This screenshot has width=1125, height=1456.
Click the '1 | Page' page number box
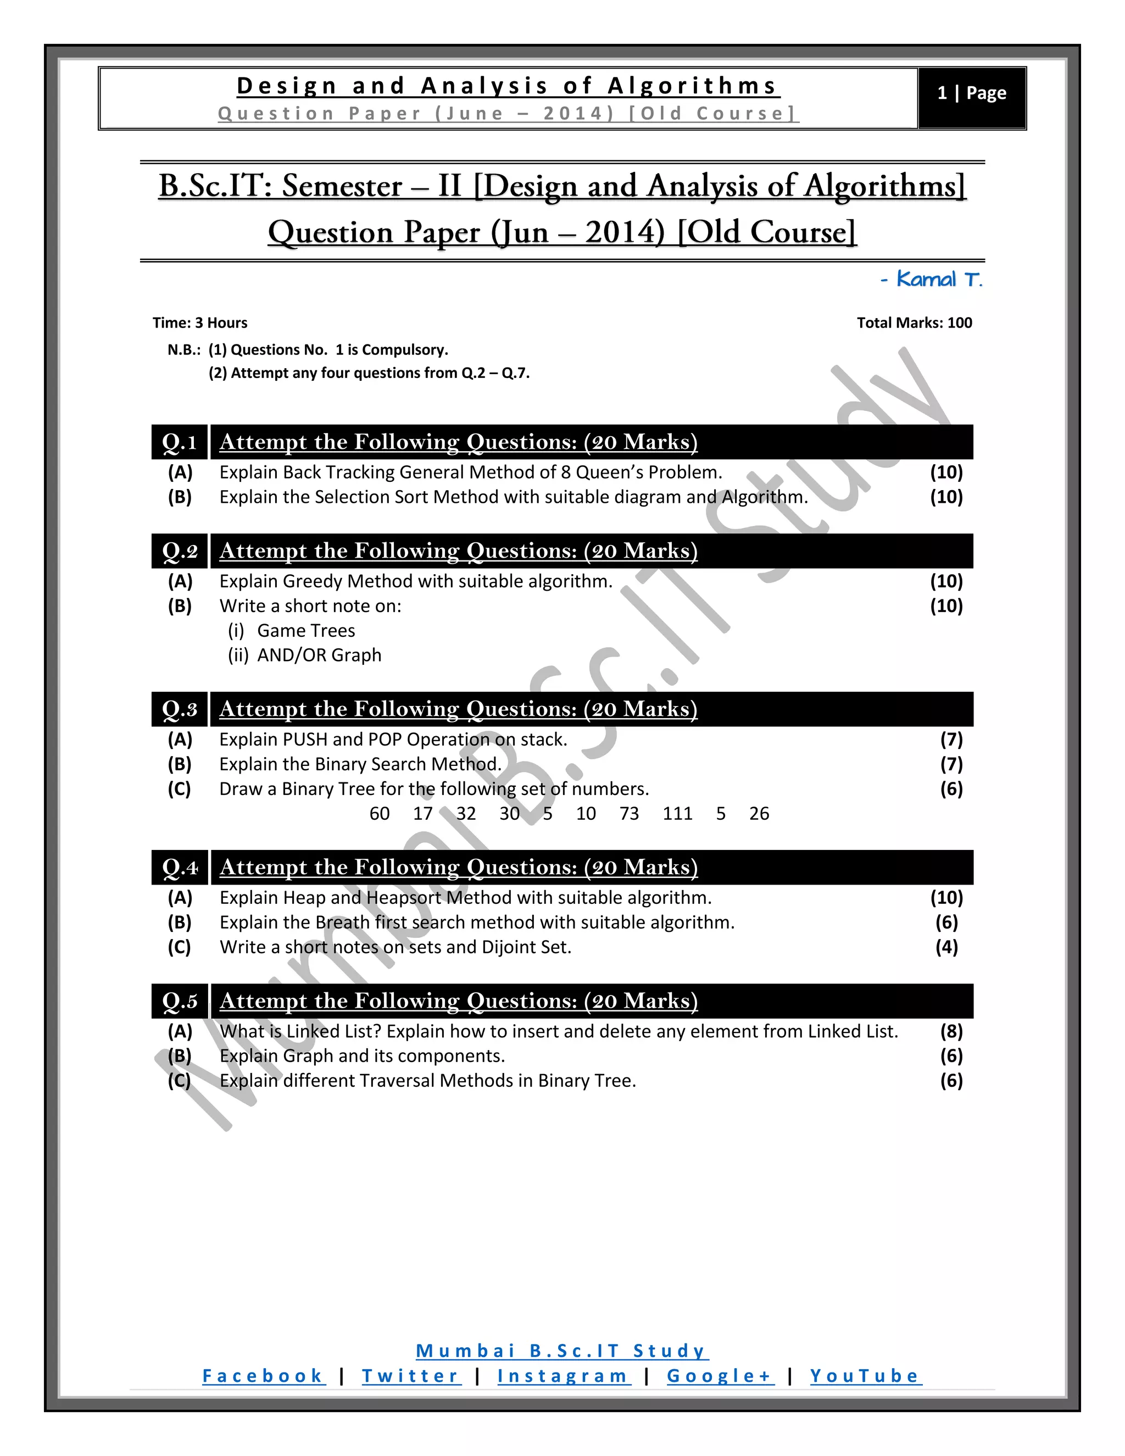point(971,93)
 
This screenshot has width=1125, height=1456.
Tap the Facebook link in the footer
point(263,1375)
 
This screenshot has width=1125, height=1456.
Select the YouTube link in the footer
point(865,1375)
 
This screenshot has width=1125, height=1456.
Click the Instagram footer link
point(562,1375)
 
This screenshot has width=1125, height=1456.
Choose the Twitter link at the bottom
point(410,1375)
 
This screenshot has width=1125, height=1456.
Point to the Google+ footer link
point(719,1375)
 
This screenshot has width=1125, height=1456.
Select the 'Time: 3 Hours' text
point(200,323)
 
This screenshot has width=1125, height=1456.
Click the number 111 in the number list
point(677,813)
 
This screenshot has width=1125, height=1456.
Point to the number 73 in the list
point(628,813)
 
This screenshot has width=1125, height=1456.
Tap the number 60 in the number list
point(379,813)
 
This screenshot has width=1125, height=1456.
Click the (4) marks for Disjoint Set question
point(946,947)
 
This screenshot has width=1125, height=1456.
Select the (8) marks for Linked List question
point(951,1031)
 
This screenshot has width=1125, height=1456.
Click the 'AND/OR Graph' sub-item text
point(319,655)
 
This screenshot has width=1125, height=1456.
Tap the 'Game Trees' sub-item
point(306,631)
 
